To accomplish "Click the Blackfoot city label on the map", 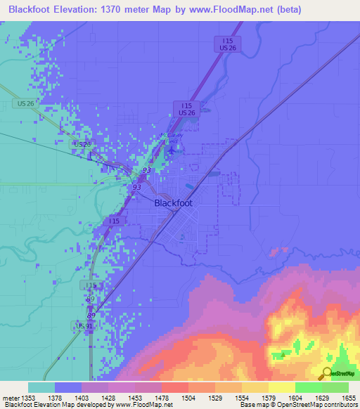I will tap(173, 202).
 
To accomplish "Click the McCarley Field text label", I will tap(170, 138).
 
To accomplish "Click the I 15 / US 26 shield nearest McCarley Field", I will tap(187, 108).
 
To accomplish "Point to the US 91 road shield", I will tap(85, 326).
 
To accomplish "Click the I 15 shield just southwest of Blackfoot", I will tap(114, 221).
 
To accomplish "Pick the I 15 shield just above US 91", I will tap(89, 285).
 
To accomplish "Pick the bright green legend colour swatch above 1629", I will tap(309, 387).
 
